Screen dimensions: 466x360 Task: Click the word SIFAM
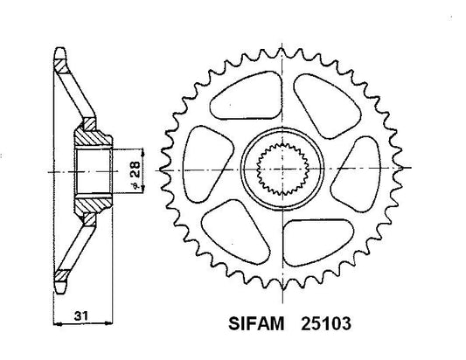pos(256,323)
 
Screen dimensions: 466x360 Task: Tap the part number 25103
pos(326,323)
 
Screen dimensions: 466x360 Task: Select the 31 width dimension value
pos(80,315)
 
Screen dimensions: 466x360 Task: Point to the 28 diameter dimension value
pos(135,170)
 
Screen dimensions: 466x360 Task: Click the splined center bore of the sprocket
pos(282,169)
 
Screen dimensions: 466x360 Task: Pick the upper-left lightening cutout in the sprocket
pos(245,95)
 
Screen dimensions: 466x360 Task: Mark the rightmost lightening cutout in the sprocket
pos(357,174)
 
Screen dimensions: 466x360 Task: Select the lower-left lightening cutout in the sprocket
pos(236,232)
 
